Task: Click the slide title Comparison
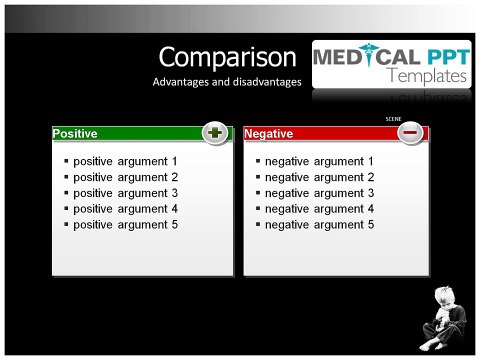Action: coord(228,57)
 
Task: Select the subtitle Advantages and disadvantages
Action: coord(227,82)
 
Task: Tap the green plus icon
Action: coord(215,133)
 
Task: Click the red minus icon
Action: coord(411,133)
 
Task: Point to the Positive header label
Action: coord(75,133)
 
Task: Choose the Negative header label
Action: coord(269,133)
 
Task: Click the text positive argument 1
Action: coord(125,161)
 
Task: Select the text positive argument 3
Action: coord(125,193)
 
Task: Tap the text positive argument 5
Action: coord(125,225)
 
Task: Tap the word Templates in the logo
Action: coord(427,76)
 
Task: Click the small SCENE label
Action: coord(393,119)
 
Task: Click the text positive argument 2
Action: coord(125,177)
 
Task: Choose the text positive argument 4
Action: coord(125,209)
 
